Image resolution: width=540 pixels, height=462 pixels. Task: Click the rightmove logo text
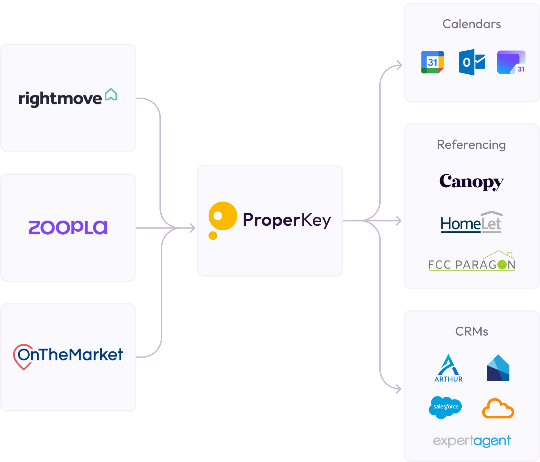click(x=60, y=99)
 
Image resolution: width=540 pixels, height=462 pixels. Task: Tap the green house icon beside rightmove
click(x=111, y=94)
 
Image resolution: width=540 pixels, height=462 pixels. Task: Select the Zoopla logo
click(x=68, y=228)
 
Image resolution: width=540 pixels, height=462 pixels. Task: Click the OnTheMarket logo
click(x=68, y=355)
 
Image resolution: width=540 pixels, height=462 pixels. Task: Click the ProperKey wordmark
click(x=286, y=220)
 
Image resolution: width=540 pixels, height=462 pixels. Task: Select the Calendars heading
click(x=472, y=24)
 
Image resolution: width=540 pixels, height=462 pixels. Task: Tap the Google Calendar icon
click(x=432, y=62)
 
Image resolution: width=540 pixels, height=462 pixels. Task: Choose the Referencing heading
click(x=471, y=145)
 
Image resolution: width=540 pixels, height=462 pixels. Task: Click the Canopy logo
click(x=471, y=182)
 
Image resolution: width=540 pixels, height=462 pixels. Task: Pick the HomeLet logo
click(x=471, y=223)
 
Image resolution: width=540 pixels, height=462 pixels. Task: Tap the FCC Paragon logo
click(x=471, y=262)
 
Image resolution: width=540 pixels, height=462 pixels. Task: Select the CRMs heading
click(x=471, y=332)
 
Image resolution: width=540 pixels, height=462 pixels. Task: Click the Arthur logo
click(x=448, y=368)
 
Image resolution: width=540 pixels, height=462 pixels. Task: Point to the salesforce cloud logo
click(x=445, y=407)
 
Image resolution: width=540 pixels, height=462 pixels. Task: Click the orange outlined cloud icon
click(x=498, y=409)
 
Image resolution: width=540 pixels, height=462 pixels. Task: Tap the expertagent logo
click(x=471, y=441)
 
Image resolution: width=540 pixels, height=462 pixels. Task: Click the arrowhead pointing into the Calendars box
click(x=400, y=65)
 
